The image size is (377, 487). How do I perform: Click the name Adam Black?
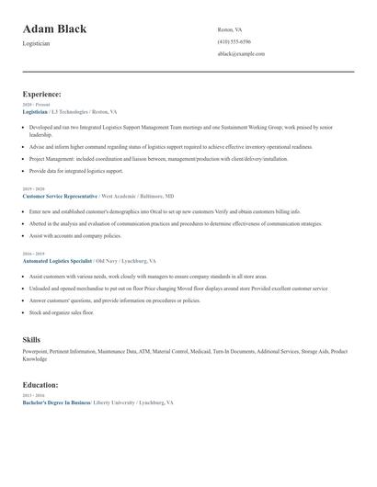point(54,29)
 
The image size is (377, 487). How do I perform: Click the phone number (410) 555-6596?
point(234,41)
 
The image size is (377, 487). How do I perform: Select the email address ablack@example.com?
point(241,53)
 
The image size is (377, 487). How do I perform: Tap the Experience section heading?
point(42,94)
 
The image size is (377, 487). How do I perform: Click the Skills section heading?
point(31,340)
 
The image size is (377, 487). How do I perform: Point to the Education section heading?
point(40,385)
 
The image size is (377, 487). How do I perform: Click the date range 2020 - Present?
point(34,105)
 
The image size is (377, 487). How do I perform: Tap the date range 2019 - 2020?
point(32,189)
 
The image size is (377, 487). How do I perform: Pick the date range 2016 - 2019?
point(32,254)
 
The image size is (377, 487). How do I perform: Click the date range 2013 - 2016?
point(32,396)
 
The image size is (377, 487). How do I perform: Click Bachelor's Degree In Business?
point(57,402)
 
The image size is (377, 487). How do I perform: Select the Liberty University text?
point(116,402)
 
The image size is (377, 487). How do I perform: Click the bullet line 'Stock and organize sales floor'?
point(62,312)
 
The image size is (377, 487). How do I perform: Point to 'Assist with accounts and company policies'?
point(75,235)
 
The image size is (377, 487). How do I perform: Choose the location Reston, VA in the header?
point(230,29)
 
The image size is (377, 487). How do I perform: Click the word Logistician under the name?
point(37,43)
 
